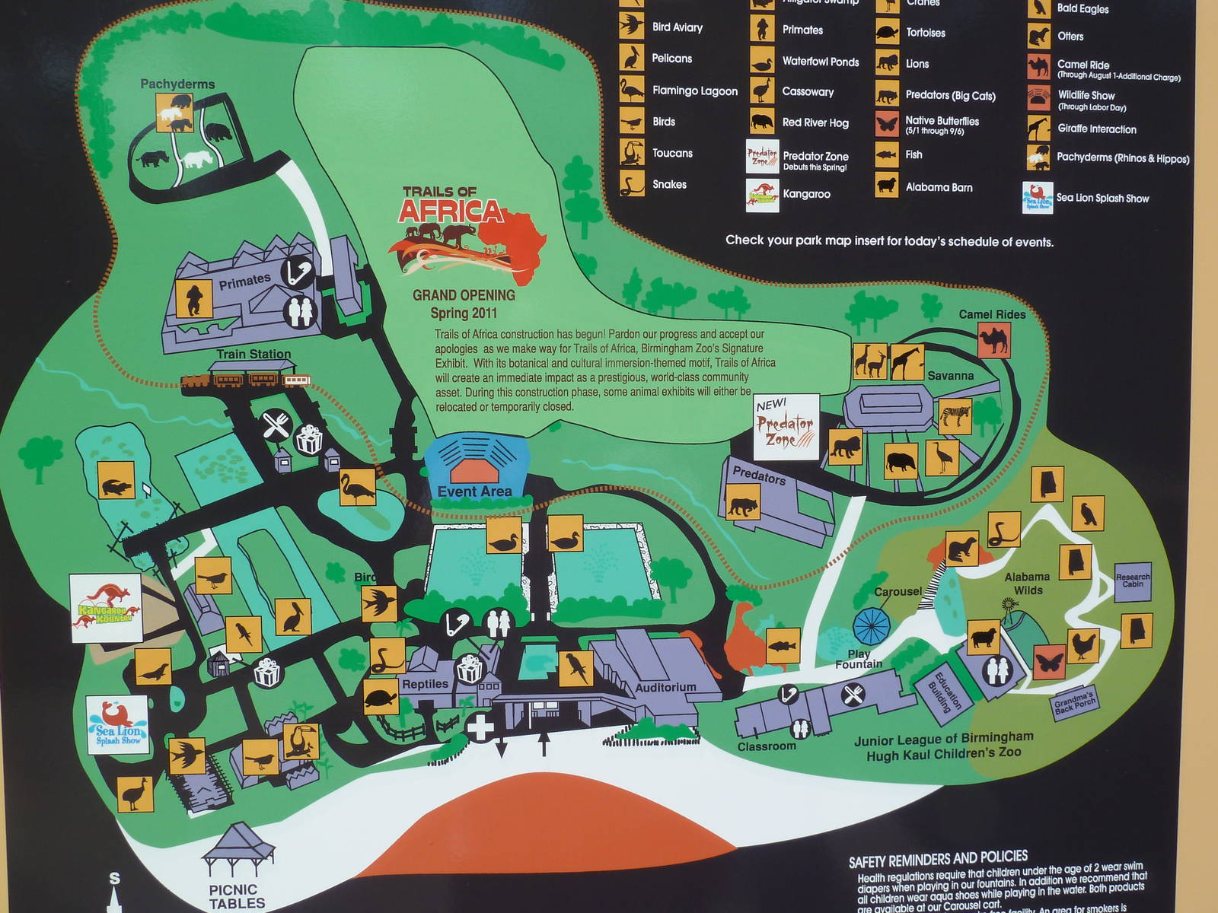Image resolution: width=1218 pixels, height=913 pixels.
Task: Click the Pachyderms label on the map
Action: tap(177, 84)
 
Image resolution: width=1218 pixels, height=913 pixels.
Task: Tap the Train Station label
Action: tap(253, 354)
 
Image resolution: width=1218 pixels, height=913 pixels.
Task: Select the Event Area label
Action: tap(474, 491)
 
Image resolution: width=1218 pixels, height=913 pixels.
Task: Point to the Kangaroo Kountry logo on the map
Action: tap(106, 609)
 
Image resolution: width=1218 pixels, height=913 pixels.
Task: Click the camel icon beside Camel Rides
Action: tap(993, 340)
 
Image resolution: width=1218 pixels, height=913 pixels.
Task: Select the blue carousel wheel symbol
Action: tap(871, 625)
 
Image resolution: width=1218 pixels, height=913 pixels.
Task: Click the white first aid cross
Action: tap(480, 727)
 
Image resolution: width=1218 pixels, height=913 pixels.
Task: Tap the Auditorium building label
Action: tap(665, 687)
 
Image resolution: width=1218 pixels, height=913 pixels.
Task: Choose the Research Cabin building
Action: tap(1133, 581)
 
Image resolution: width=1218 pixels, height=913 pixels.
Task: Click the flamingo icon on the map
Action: tap(357, 485)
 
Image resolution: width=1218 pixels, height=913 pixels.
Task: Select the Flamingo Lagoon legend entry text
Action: tap(694, 91)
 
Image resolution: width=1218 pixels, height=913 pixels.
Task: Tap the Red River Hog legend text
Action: tap(815, 122)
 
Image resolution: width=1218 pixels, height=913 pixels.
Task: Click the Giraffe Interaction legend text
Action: tap(1096, 129)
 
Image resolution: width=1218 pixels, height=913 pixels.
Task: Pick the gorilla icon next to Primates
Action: tap(194, 298)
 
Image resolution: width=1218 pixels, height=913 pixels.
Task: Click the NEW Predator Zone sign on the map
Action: tap(786, 427)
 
